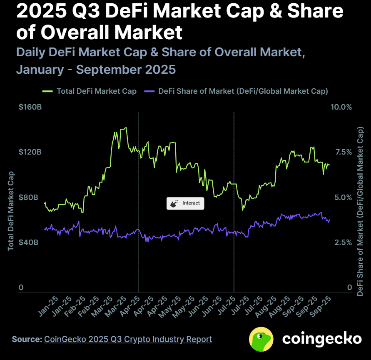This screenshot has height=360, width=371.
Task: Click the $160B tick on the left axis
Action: click(x=30, y=107)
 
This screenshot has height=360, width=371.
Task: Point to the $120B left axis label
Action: click(x=30, y=152)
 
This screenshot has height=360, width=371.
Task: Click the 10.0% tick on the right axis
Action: click(x=341, y=107)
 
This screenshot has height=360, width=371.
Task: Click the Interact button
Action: click(x=185, y=203)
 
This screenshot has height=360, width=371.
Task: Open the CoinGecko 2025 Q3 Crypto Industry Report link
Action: click(x=128, y=339)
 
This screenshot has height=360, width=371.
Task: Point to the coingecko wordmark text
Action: click(x=322, y=339)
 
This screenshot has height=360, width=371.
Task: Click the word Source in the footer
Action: click(x=27, y=339)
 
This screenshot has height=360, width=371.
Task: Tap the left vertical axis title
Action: click(x=11, y=211)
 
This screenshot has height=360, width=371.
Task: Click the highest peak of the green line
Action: click(x=126, y=127)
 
